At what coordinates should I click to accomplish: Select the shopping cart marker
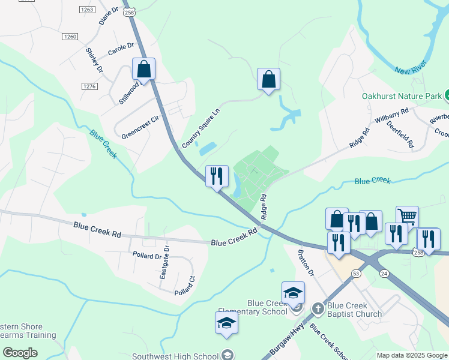(x=407, y=216)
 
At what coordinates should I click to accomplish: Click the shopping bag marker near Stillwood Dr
(x=144, y=69)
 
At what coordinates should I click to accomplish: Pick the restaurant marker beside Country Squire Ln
(x=217, y=176)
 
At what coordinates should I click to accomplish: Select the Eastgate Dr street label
(x=165, y=262)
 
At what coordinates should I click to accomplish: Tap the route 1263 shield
(x=87, y=10)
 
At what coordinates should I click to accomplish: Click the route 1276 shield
(x=89, y=86)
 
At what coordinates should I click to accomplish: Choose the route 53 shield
(x=356, y=274)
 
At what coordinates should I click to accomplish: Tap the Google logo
(x=20, y=352)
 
